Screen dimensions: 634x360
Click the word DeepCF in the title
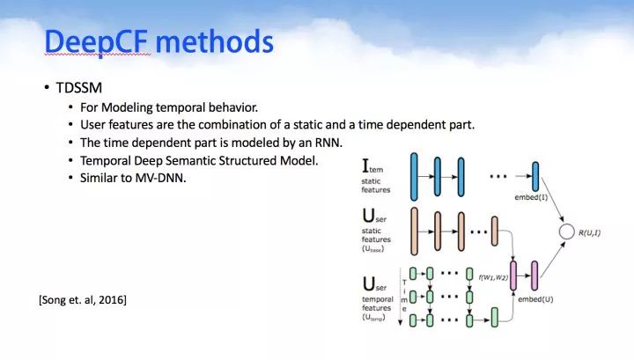tap(96, 42)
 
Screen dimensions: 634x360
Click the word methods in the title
tap(215, 41)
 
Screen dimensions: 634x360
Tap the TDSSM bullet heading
tap(79, 88)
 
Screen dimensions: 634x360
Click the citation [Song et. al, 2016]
tap(83, 300)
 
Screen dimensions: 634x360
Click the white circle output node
tap(566, 231)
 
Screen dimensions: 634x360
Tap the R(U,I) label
tap(589, 232)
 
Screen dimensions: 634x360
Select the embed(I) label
tap(531, 197)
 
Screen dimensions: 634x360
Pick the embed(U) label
tap(535, 299)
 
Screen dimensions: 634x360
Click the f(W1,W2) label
tap(493, 277)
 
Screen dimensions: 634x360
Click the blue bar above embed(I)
tap(535, 177)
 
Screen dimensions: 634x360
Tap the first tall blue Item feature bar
tap(414, 177)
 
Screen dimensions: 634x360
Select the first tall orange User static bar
tap(414, 231)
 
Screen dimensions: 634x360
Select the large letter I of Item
tap(365, 166)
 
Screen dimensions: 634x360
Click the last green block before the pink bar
tap(495, 317)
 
